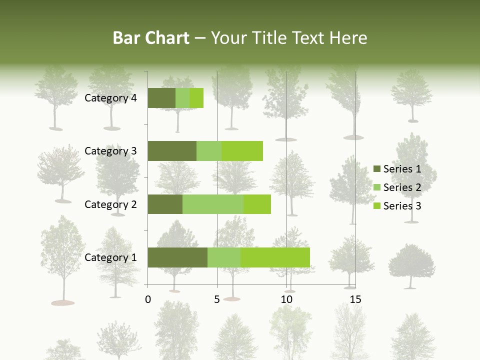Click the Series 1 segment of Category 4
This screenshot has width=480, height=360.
point(161,98)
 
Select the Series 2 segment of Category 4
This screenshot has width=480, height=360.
point(182,98)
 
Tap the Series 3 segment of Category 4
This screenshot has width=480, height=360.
point(196,98)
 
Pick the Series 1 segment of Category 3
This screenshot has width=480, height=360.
point(172,151)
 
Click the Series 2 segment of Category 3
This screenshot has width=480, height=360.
point(209,151)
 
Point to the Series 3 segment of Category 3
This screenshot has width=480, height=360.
point(242,151)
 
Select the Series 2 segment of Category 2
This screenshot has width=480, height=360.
point(213,204)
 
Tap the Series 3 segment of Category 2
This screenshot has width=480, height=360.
point(257,204)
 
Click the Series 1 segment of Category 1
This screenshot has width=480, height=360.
point(177,257)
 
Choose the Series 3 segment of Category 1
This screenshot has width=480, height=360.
point(275,257)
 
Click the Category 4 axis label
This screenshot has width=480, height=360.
point(110,98)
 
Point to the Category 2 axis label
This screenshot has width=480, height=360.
point(110,204)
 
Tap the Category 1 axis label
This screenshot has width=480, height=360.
point(110,257)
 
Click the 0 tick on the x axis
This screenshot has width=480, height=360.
point(148,300)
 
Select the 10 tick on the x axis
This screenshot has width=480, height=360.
point(286,300)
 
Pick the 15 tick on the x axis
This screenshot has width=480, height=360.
point(355,300)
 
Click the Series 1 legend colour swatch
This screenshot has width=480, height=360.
point(376,169)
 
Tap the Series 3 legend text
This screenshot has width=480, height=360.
point(402,206)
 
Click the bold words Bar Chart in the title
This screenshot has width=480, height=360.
point(151,38)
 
